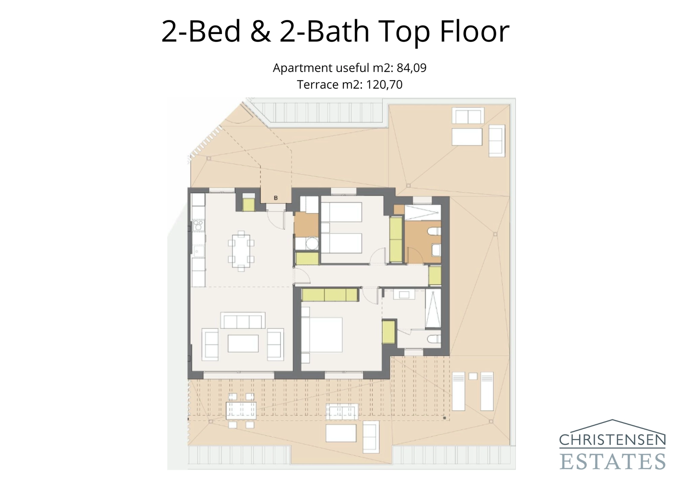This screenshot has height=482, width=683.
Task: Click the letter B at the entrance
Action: tap(276, 198)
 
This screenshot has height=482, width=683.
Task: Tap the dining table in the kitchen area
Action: tap(241, 251)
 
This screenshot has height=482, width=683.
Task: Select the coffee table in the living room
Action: tap(243, 343)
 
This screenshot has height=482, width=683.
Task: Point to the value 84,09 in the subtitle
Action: tap(412, 68)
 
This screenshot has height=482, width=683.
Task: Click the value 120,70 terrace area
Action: tap(384, 84)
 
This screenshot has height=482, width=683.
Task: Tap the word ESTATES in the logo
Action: tap(612, 462)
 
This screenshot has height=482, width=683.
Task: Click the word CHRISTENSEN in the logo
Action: tap(612, 440)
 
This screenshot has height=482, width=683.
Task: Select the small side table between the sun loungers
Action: tap(473, 376)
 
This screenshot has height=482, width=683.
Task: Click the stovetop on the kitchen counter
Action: tap(198, 225)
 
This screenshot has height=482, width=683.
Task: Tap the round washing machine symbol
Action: tap(312, 244)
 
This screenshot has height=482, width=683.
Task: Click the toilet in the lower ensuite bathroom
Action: tap(434, 339)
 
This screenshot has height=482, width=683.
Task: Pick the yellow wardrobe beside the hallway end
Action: tap(435, 275)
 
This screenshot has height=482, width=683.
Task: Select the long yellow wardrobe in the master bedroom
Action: tap(330, 295)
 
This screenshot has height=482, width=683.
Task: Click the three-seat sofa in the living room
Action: tap(242, 321)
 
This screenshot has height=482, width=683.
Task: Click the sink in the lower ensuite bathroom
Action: tap(403, 294)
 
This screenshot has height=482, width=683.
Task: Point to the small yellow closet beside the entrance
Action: tap(248, 204)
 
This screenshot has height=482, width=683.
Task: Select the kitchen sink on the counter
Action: tap(198, 251)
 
